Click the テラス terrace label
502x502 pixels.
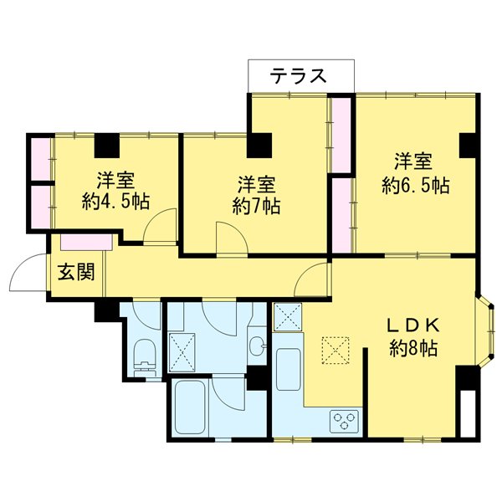click(298, 76)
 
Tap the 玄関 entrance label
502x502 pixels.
click(75, 273)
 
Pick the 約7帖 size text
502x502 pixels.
click(257, 205)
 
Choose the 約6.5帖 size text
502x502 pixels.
click(415, 185)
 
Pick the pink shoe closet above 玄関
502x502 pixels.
click(87, 243)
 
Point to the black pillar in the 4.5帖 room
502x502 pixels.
click(106, 146)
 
